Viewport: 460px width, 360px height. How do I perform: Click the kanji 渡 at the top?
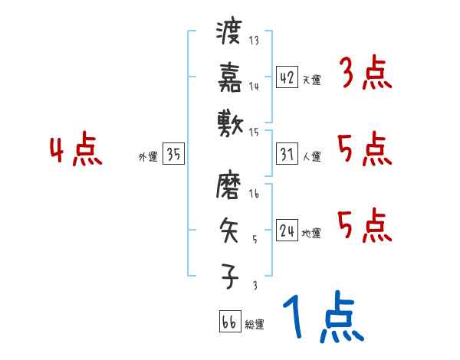click(x=229, y=34)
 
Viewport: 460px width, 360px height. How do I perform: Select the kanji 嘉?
click(x=229, y=77)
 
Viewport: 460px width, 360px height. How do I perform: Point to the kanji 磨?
click(x=229, y=186)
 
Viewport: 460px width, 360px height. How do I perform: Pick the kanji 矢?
click(x=229, y=231)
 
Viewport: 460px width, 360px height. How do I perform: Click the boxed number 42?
click(x=287, y=77)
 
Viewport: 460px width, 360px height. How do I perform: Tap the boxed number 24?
click(x=287, y=231)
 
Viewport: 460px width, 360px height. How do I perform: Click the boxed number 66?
click(x=228, y=322)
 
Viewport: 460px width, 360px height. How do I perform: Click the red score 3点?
click(x=364, y=75)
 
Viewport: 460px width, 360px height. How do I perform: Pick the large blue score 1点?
click(x=323, y=318)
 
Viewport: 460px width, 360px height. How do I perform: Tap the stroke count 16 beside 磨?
click(x=254, y=196)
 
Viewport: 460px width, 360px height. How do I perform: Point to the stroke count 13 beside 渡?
click(x=254, y=41)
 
